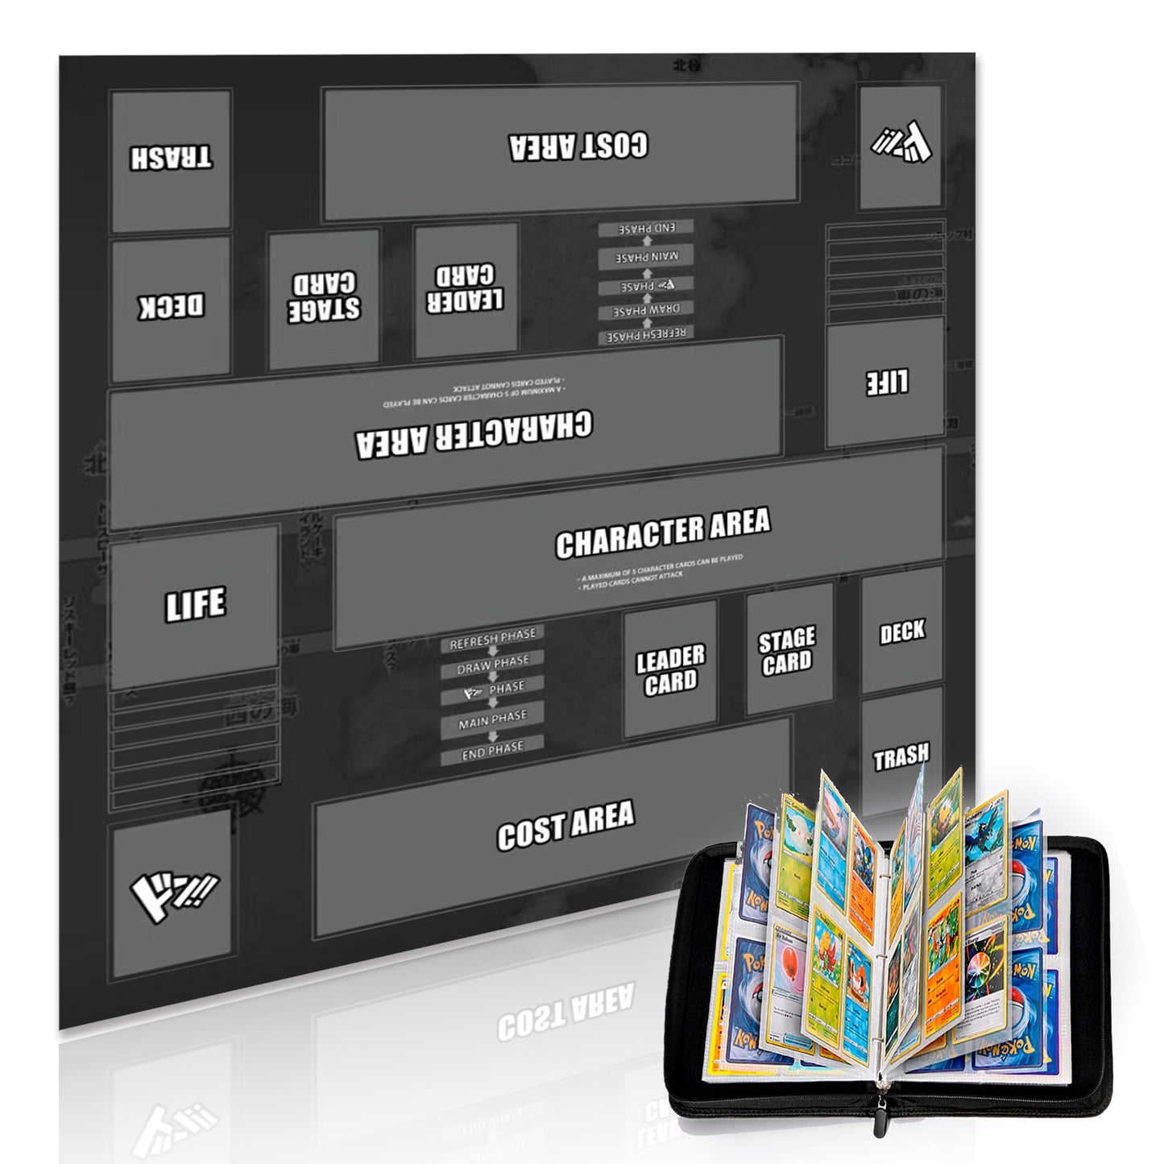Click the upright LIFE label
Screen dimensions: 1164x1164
click(195, 604)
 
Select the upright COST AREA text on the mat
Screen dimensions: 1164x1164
click(565, 824)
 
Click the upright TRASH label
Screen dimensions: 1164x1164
click(901, 756)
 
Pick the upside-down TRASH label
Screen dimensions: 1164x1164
click(172, 157)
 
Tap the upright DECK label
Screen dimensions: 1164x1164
click(901, 632)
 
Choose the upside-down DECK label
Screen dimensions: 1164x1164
click(172, 306)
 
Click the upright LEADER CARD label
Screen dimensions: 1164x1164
click(670, 669)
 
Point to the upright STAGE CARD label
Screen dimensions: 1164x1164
click(786, 651)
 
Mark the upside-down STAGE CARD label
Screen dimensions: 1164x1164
click(324, 296)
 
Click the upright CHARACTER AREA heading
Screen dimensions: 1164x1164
click(662, 533)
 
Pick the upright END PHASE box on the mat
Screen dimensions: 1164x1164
click(492, 750)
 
